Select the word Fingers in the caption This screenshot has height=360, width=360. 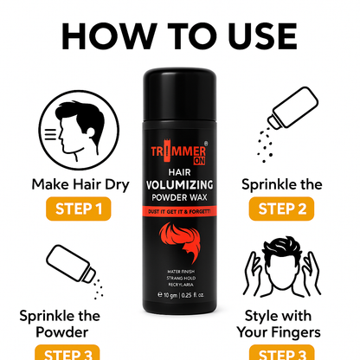pos(304,331)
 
